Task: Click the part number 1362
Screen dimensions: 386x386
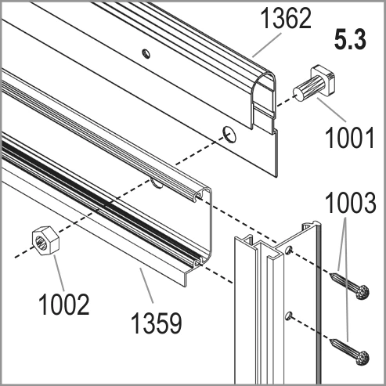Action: click(286, 18)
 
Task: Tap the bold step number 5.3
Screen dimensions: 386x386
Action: click(351, 40)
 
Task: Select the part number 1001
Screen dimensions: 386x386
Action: click(350, 138)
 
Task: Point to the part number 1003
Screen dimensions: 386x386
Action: click(351, 203)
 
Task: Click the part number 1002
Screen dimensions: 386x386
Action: click(64, 304)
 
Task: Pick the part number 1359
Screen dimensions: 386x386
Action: click(156, 323)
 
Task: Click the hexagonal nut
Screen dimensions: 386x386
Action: click(45, 240)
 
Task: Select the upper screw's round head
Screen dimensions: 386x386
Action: click(363, 292)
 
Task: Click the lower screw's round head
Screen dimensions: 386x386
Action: click(363, 358)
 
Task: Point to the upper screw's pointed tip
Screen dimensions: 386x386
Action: click(330, 274)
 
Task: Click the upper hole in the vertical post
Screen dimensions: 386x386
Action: click(288, 250)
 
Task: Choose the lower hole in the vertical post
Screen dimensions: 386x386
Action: click(288, 316)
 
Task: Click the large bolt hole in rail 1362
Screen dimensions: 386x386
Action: click(229, 135)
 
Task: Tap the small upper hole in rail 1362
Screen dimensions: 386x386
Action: click(146, 53)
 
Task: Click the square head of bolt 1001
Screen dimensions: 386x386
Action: click(323, 76)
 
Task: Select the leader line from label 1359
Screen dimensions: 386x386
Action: click(146, 285)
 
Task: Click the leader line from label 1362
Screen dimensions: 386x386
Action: click(267, 45)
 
